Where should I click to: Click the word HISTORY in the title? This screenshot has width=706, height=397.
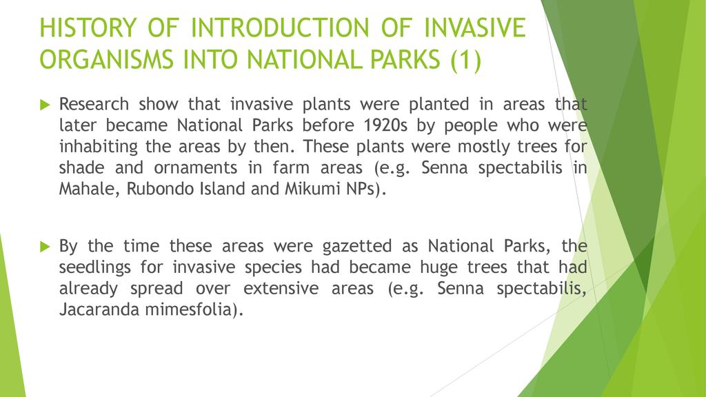click(88, 28)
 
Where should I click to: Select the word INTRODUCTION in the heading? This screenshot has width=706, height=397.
click(280, 28)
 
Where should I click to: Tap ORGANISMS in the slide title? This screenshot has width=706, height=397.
click(106, 60)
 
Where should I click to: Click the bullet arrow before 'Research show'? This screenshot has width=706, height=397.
click(45, 105)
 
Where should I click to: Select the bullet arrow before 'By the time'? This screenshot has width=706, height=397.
click(45, 247)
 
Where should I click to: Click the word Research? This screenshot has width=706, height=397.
click(94, 105)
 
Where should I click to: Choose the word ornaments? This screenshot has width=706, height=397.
click(195, 168)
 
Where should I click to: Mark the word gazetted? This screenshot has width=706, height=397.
click(356, 247)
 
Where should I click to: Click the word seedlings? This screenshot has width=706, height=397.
click(95, 267)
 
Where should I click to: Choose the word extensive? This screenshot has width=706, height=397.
click(281, 289)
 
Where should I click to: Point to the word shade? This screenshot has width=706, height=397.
click(81, 168)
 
